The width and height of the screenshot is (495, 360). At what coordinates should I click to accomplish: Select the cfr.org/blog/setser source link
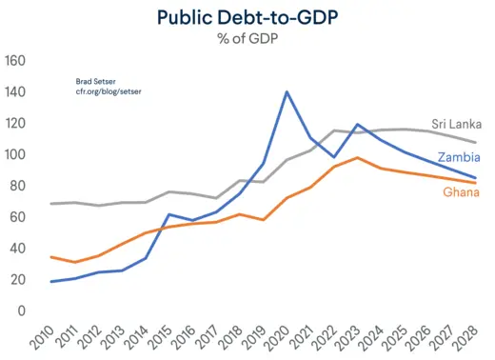(x=104, y=92)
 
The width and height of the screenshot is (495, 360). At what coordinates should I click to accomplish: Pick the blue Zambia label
(x=457, y=157)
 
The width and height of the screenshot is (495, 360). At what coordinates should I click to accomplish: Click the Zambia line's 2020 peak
(x=287, y=92)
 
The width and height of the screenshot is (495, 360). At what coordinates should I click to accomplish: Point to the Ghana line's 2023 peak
(x=358, y=158)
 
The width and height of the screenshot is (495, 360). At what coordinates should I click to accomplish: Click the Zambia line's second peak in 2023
(x=358, y=125)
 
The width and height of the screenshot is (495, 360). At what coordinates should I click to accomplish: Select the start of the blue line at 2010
(x=49, y=281)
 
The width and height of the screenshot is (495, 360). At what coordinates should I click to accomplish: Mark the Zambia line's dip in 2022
(x=334, y=157)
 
